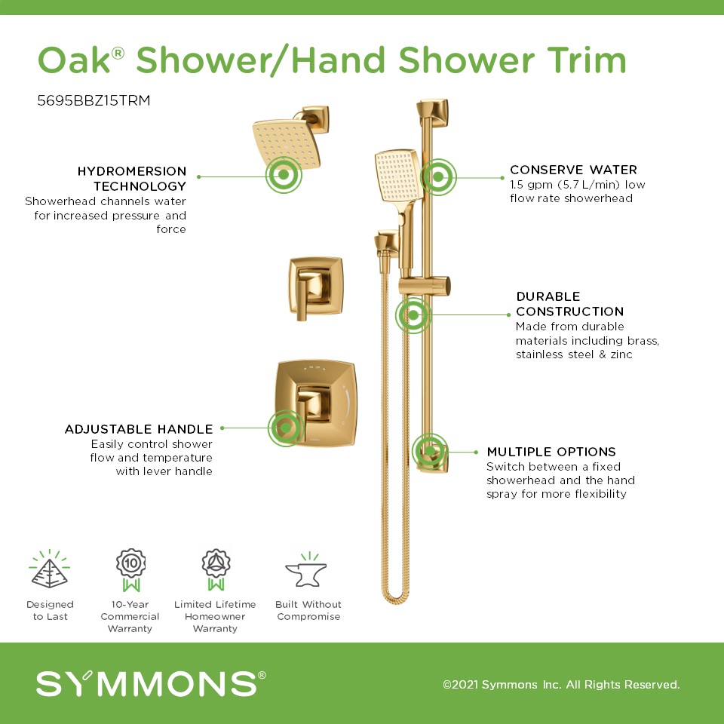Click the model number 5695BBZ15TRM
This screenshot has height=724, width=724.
tap(94, 100)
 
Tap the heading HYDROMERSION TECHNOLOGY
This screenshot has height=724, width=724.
tap(131, 179)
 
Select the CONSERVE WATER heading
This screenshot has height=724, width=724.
tap(573, 170)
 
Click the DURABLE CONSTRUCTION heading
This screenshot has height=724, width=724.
tap(570, 304)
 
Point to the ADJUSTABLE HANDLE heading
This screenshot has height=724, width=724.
tap(139, 429)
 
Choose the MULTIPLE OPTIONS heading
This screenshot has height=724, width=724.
tap(551, 452)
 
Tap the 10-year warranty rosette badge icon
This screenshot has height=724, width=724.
tap(130, 570)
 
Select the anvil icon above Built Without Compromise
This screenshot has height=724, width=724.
tap(306, 570)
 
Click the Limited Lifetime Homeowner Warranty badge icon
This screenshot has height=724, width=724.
tap(216, 570)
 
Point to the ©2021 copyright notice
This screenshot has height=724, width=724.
tap(561, 684)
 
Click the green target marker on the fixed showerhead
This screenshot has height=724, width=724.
tap(284, 175)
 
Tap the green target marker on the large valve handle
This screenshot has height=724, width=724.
tap(286, 428)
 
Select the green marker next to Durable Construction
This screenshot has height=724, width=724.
tap(413, 315)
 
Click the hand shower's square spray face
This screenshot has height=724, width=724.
tap(397, 176)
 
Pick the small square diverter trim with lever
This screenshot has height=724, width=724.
tap(316, 287)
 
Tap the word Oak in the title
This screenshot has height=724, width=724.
tap(74, 60)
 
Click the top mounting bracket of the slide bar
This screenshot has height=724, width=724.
tap(433, 112)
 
